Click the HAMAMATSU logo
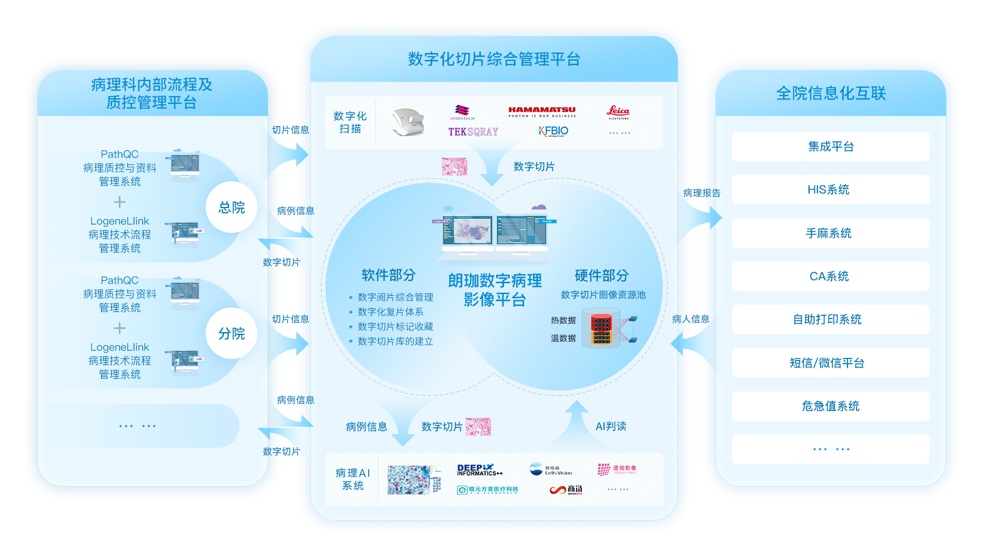(542, 112)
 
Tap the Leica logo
(618, 112)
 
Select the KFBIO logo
(553, 131)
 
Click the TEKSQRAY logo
(473, 131)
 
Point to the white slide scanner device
(407, 122)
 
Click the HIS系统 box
(830, 190)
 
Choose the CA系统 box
(830, 276)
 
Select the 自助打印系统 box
(830, 320)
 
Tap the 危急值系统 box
(830, 406)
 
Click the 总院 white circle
(231, 208)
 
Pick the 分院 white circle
(231, 334)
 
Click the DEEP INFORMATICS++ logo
(479, 469)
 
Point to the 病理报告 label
(701, 193)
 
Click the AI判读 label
(610, 426)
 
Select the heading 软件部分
(388, 275)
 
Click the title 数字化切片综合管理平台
(494, 59)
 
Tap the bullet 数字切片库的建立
(395, 342)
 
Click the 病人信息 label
(690, 319)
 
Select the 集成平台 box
(830, 147)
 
